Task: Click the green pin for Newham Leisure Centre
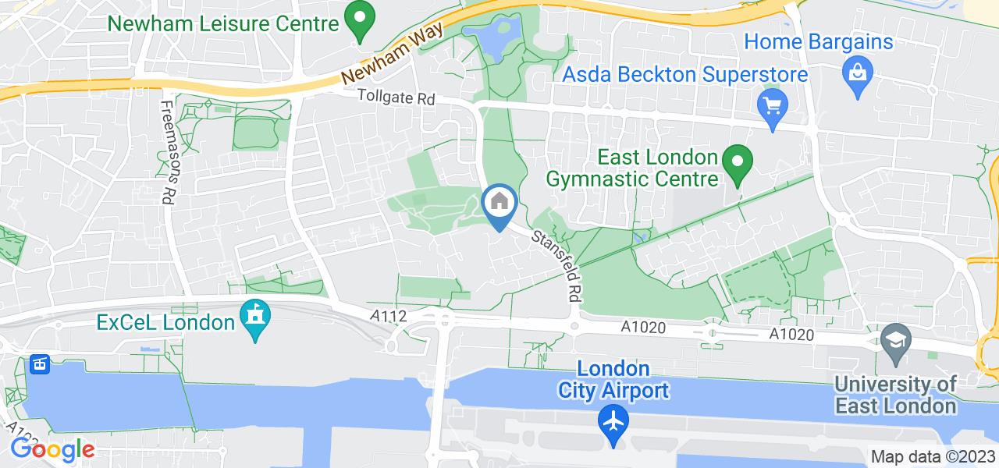359,21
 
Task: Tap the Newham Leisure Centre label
223,23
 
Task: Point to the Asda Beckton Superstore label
685,75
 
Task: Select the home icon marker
499,204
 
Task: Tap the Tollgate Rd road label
396,97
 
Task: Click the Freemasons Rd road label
168,152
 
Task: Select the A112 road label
387,314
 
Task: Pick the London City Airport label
613,379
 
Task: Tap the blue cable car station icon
39,363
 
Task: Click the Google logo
52,449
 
